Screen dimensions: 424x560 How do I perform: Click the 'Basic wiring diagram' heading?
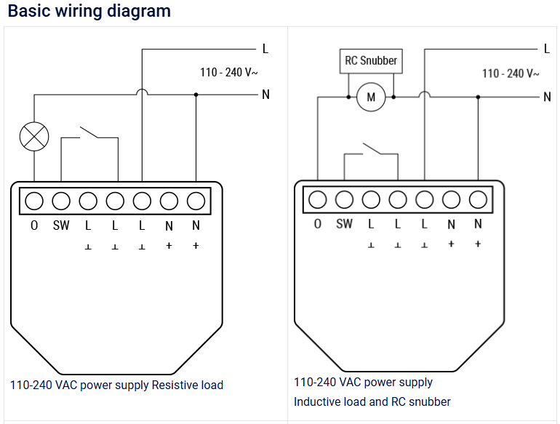[x=89, y=12]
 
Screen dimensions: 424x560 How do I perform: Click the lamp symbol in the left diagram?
[x=34, y=136]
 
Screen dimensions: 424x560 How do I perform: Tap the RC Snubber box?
[x=371, y=61]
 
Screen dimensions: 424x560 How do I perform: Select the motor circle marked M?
[x=371, y=97]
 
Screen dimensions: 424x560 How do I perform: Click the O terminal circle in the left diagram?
[x=34, y=201]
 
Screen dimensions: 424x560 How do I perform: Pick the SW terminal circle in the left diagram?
[x=61, y=201]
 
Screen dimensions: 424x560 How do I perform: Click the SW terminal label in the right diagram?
[x=344, y=224]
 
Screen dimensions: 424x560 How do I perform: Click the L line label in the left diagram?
[x=265, y=49]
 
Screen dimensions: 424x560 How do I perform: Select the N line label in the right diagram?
[x=547, y=97]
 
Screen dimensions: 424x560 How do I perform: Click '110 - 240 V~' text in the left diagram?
[x=229, y=73]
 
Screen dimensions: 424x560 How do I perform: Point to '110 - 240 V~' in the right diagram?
[x=511, y=73]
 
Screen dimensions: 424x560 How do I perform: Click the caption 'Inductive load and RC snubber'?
[x=372, y=401]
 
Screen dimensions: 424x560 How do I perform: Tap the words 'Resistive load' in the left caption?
[x=187, y=385]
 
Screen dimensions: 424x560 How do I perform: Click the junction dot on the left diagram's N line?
[x=196, y=95]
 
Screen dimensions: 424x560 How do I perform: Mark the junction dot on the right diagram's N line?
[x=478, y=96]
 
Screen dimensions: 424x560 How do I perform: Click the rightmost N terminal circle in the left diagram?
[x=196, y=201]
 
